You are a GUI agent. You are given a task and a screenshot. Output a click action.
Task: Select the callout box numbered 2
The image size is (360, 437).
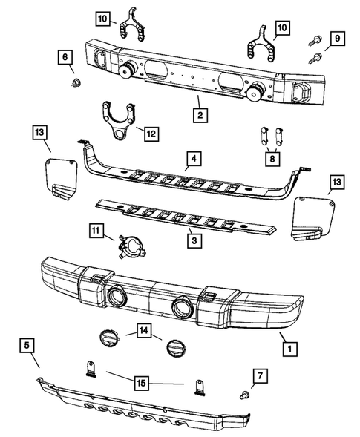tap(199, 116)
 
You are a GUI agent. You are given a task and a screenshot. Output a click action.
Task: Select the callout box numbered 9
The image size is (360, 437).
tap(336, 37)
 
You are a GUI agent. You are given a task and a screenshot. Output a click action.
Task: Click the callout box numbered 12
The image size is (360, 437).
tap(150, 134)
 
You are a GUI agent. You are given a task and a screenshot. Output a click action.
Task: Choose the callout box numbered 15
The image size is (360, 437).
tap(140, 383)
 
